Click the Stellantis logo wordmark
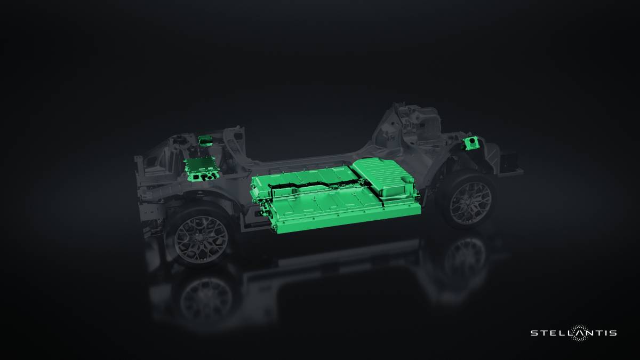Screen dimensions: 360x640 point(573,333)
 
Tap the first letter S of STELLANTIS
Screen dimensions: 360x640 point(533,333)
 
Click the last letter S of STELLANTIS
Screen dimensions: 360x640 point(614,333)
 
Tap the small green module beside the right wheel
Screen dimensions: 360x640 point(471,143)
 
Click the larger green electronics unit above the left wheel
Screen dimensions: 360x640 point(201,167)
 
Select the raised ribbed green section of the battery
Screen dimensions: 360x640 point(384,176)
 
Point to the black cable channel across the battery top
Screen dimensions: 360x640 point(315,185)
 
